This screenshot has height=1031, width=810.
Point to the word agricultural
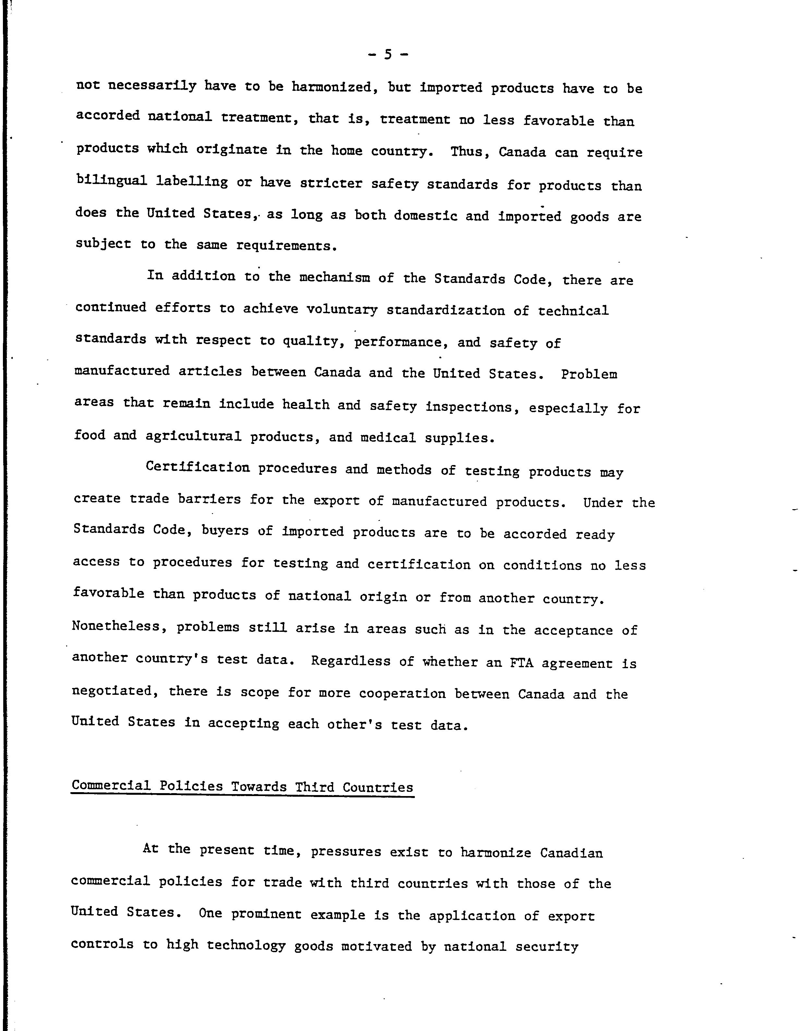(x=193, y=436)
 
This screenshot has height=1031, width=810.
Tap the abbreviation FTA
(x=521, y=662)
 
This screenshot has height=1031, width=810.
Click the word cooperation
(x=402, y=693)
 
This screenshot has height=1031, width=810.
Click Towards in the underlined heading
(x=259, y=787)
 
